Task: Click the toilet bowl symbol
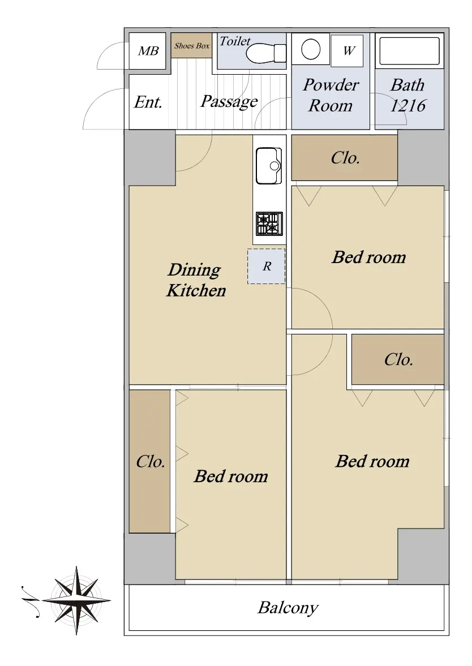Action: click(x=266, y=53)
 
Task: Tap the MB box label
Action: click(x=148, y=51)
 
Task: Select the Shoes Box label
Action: click(x=192, y=45)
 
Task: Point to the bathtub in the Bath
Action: click(x=410, y=51)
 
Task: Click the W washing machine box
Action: click(x=347, y=50)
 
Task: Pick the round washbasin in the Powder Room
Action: click(x=311, y=49)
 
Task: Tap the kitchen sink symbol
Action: click(x=269, y=166)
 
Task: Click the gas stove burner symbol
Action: click(x=269, y=224)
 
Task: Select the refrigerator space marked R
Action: click(x=267, y=267)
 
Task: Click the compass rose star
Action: click(x=76, y=600)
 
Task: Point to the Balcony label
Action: click(x=288, y=608)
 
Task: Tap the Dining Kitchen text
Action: click(x=196, y=280)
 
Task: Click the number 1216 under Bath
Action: click(x=408, y=105)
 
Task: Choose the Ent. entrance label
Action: click(x=148, y=102)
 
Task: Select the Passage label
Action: click(x=229, y=101)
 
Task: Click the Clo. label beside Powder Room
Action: click(x=345, y=158)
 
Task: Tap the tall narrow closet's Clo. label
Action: click(x=151, y=461)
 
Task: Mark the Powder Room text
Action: click(x=331, y=95)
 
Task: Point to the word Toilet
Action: click(x=235, y=41)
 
